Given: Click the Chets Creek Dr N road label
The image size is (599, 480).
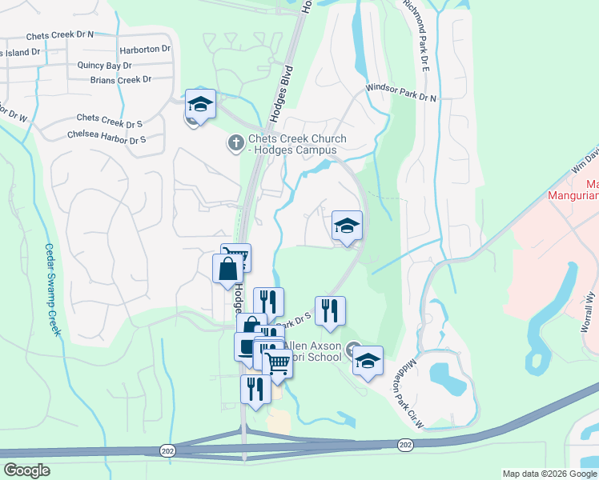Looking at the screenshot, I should (x=59, y=35).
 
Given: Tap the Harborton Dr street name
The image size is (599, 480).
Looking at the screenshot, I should (x=145, y=49).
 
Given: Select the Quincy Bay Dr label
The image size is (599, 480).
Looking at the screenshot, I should (x=104, y=66).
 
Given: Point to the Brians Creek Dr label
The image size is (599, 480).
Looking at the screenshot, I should (x=121, y=79).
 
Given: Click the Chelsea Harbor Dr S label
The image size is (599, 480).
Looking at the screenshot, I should (x=107, y=138).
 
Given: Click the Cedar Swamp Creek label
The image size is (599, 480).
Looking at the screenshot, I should (x=52, y=289).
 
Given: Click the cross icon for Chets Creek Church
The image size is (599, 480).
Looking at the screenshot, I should (x=235, y=142).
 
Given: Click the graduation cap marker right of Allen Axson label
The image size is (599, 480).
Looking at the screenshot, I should (x=368, y=361).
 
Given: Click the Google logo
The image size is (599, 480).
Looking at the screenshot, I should (x=26, y=470).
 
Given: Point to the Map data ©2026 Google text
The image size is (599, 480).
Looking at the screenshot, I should (x=549, y=474).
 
